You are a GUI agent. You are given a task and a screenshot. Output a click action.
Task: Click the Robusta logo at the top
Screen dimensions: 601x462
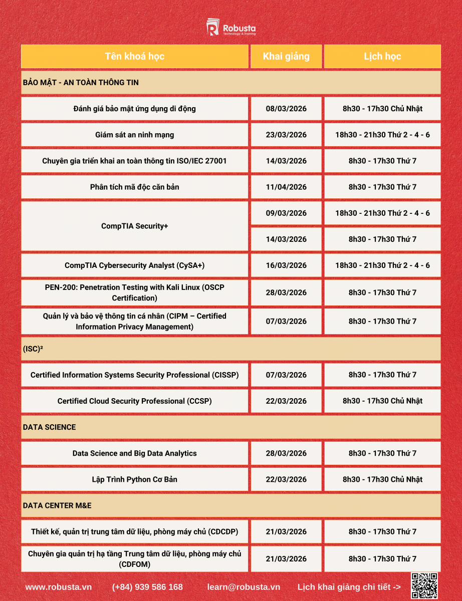(x=231, y=27)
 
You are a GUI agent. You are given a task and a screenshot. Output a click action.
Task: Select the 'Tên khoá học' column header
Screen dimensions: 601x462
(x=134, y=56)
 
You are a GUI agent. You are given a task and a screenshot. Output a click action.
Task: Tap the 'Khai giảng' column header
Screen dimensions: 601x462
(x=286, y=56)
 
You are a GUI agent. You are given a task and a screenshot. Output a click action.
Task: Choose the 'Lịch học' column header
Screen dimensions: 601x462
(x=382, y=56)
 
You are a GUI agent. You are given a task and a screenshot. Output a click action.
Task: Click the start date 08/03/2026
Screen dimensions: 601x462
(x=286, y=109)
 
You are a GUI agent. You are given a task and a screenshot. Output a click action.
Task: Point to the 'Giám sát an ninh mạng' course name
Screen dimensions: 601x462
(x=134, y=135)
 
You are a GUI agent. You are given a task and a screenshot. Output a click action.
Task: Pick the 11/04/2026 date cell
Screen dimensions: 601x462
(x=286, y=187)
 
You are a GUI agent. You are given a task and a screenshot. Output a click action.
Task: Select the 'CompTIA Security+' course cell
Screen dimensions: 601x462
(x=134, y=226)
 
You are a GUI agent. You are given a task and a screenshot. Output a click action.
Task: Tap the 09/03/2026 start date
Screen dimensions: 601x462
(x=286, y=213)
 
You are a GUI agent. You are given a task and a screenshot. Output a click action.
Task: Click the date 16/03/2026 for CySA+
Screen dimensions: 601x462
(x=286, y=265)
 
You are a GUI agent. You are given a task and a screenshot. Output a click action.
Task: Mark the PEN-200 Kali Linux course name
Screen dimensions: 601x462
(x=134, y=292)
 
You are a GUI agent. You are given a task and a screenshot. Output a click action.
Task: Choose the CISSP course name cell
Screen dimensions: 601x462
(x=134, y=375)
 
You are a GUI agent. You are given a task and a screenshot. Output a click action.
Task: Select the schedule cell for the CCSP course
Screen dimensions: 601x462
(x=382, y=401)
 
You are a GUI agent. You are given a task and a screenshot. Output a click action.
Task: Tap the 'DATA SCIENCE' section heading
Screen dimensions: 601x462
(x=49, y=427)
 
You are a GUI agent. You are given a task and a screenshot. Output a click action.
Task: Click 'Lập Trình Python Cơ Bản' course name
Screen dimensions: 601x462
(x=134, y=479)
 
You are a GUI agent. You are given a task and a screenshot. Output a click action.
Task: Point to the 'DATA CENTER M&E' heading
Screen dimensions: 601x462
(x=57, y=505)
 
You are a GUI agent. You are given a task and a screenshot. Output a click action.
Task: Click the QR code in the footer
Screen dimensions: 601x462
(x=424, y=585)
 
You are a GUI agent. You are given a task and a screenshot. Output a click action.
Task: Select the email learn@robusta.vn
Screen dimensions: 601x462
(x=244, y=587)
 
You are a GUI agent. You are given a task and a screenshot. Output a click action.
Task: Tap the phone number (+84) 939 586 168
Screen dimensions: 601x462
(x=147, y=587)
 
